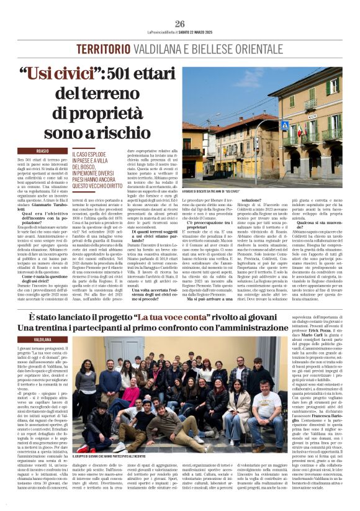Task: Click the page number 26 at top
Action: (179, 24)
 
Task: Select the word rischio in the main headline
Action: (131, 132)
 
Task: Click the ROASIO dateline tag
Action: (43, 151)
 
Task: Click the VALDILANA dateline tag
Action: (43, 340)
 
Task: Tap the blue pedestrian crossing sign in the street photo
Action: (285, 125)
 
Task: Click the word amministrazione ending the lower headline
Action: (292, 327)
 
